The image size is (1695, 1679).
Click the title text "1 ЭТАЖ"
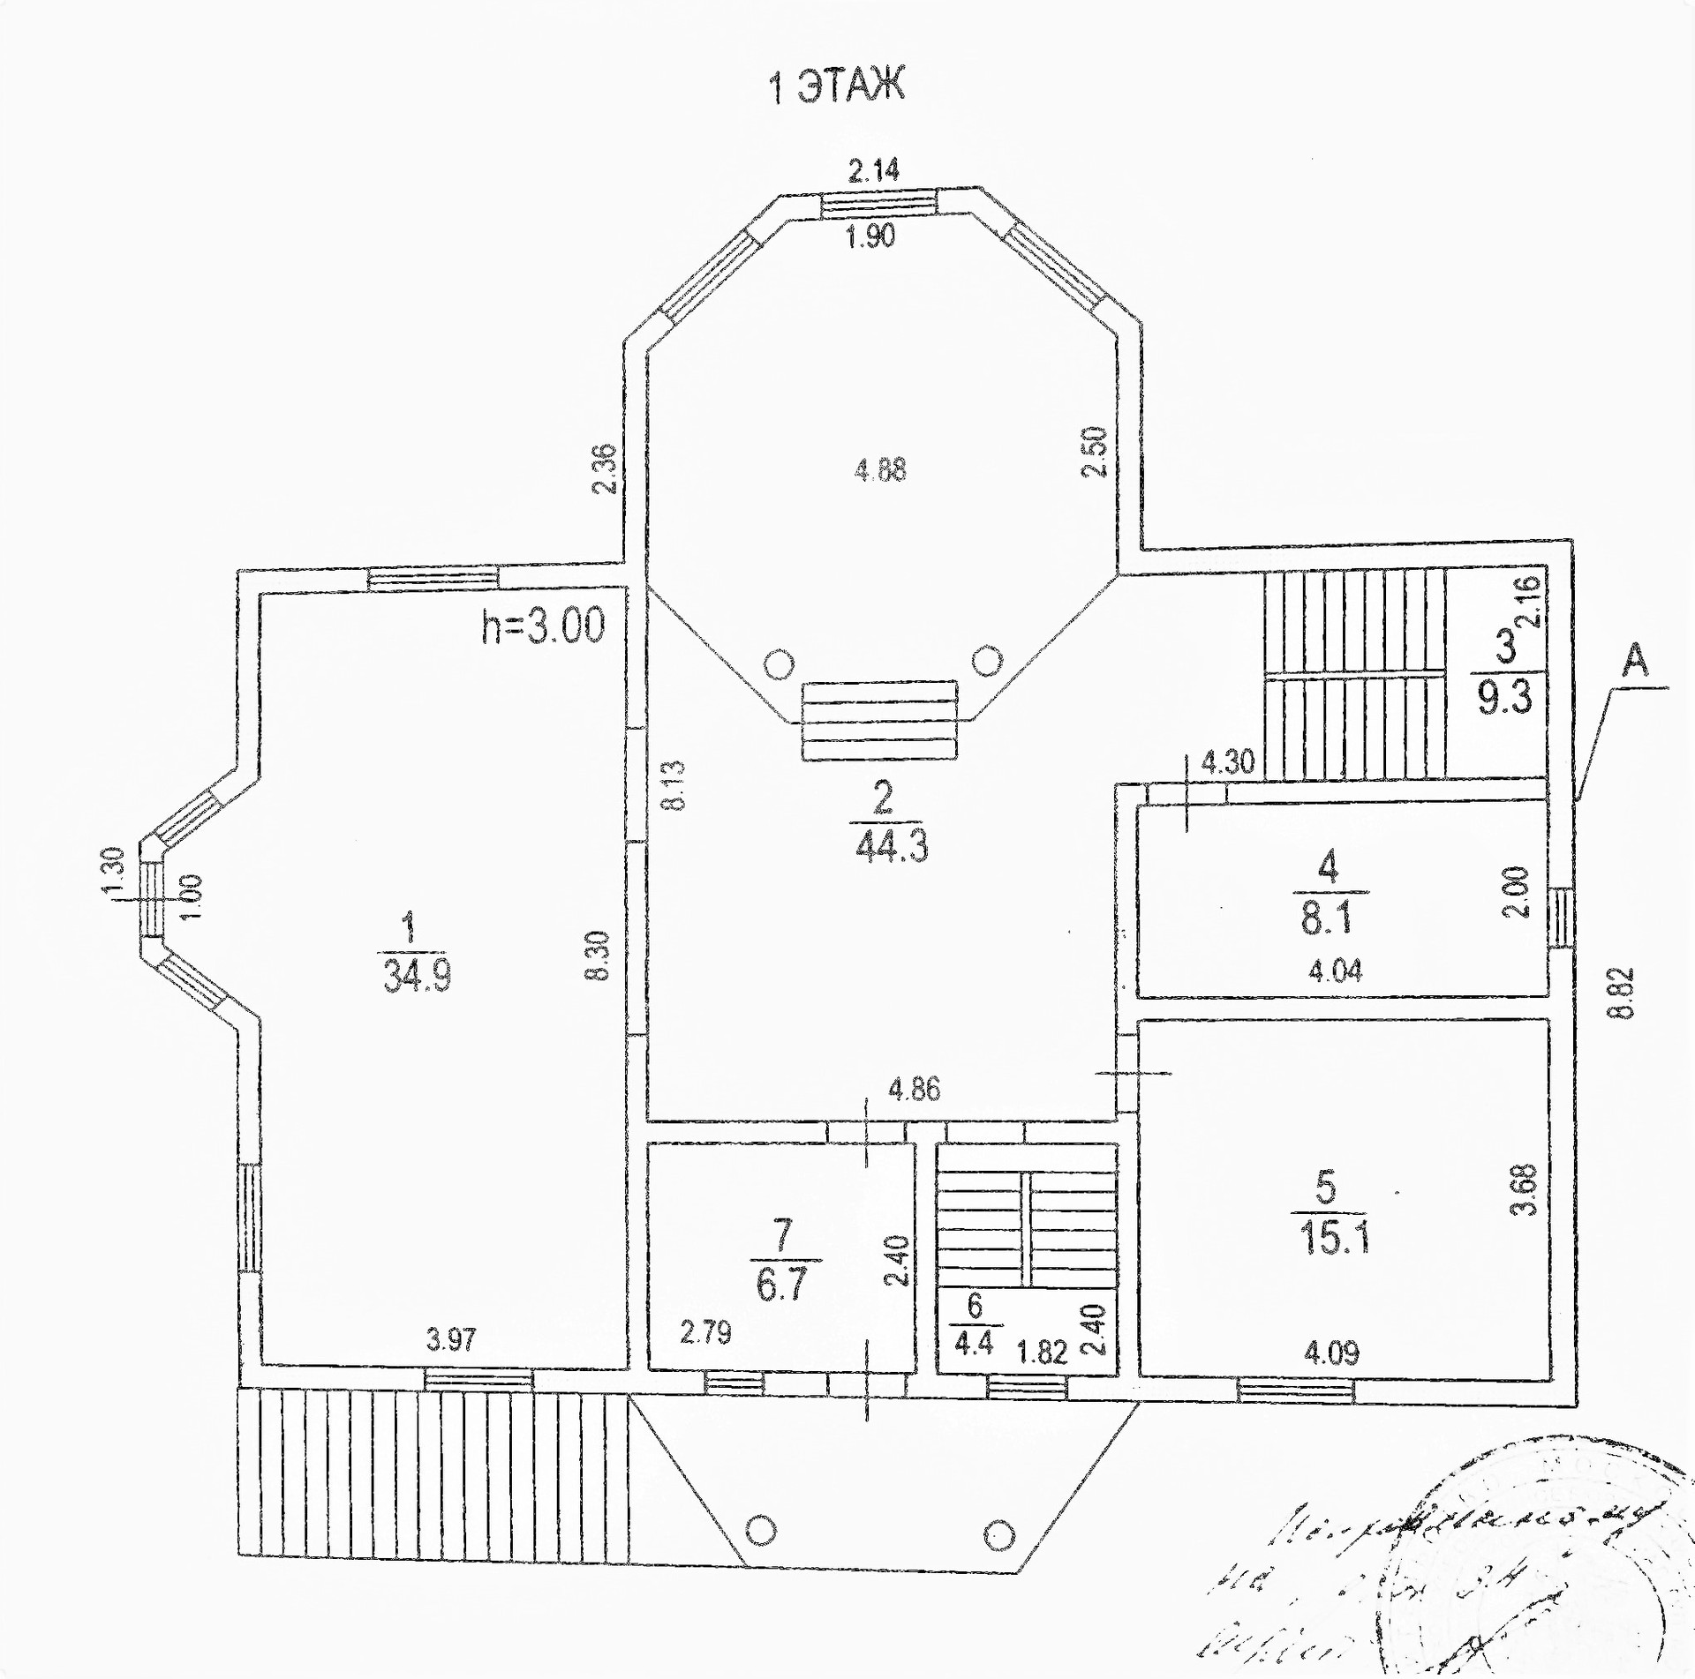point(838,86)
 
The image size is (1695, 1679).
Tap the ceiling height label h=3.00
point(543,626)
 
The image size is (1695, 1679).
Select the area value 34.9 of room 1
point(417,977)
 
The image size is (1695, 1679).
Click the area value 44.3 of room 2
point(891,848)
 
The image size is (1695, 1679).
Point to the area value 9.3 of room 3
point(1504,698)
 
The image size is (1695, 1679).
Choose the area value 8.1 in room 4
point(1326,920)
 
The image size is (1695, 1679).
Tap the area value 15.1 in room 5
point(1333,1239)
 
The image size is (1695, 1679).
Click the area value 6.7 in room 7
point(781,1285)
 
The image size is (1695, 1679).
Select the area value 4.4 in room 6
point(974,1343)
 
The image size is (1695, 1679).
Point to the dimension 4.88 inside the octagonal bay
point(880,469)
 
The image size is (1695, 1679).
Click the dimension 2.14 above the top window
point(873,170)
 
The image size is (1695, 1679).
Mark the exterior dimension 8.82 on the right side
point(1620,993)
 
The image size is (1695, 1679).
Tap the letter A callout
point(1636,660)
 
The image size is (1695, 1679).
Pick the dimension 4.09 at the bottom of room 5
point(1331,1352)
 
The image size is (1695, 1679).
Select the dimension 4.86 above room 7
point(914,1090)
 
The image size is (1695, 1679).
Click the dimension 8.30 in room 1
point(599,956)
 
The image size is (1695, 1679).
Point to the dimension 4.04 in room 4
point(1334,971)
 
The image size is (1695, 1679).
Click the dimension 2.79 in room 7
point(705,1331)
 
